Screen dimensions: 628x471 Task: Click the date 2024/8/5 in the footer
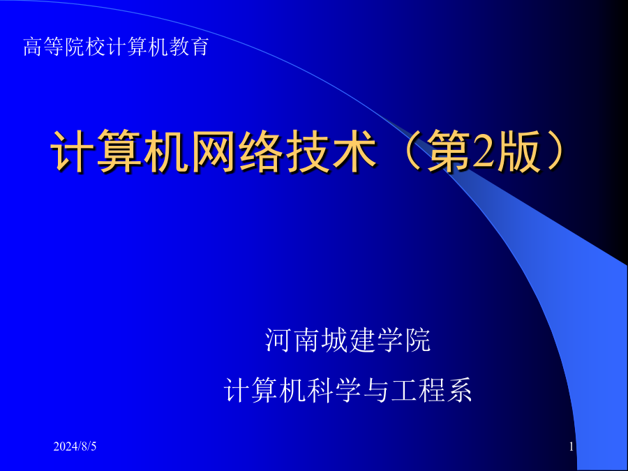point(75,446)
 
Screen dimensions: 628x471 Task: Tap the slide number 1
point(571,446)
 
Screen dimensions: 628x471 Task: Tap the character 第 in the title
point(449,151)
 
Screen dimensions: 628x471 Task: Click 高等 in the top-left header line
point(44,47)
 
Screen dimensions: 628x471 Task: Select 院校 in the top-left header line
point(85,47)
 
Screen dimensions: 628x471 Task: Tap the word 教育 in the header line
point(189,47)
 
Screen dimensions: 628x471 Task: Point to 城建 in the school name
point(347,341)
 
